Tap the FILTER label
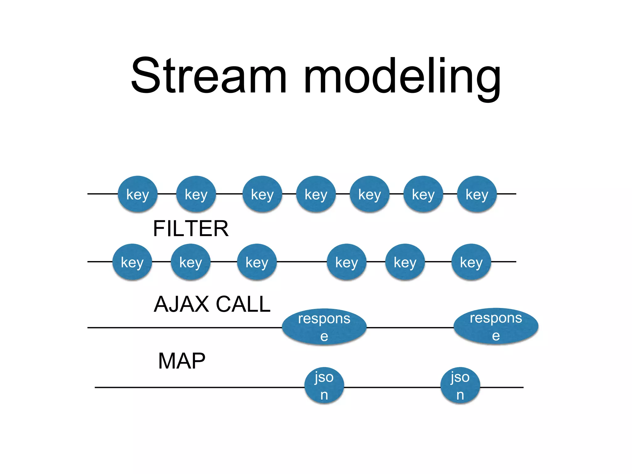(x=190, y=229)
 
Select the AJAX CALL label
(x=212, y=304)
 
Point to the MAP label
(x=181, y=361)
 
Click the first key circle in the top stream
(x=138, y=194)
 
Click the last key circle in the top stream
(x=477, y=194)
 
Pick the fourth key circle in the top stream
(x=316, y=194)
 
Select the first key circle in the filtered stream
(x=132, y=262)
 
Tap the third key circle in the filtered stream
(x=257, y=262)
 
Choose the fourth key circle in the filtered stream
(x=347, y=262)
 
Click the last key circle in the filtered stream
(x=471, y=262)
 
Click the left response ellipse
(x=324, y=326)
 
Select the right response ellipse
(x=496, y=326)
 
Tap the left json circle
(x=324, y=385)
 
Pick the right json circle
(x=460, y=385)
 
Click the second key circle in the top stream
(x=196, y=194)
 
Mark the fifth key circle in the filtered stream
(x=405, y=262)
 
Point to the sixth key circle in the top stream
(x=423, y=194)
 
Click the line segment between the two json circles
(x=392, y=387)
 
